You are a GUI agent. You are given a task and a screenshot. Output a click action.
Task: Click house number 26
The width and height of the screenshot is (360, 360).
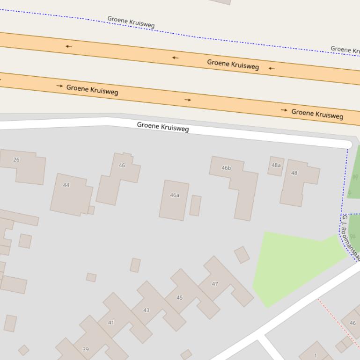coord(16,160)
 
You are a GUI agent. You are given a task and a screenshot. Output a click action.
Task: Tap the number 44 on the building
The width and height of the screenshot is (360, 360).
coord(66,185)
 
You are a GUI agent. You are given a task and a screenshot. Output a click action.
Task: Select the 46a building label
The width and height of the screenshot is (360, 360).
coord(175,195)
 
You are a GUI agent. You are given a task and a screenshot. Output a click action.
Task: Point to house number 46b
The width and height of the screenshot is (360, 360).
coord(226,168)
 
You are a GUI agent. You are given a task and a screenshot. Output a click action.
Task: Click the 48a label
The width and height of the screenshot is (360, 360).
coord(276,165)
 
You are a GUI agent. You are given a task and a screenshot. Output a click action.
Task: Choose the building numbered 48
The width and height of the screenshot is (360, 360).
coord(294,173)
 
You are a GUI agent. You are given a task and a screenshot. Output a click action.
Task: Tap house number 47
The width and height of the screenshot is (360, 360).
coord(215,284)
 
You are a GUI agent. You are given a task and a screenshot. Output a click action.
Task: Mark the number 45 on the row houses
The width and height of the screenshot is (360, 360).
coord(180,298)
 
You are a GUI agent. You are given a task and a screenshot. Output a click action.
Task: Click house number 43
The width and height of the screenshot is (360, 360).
coord(147,310)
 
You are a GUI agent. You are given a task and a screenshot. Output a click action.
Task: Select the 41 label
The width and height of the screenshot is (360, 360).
coord(111,323)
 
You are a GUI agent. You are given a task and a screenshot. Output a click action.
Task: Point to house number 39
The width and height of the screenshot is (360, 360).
coord(86,349)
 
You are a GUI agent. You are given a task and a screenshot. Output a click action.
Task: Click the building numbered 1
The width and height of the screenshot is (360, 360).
coord(316,355)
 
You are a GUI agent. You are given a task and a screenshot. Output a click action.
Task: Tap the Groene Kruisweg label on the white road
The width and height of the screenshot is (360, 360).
coord(163,127)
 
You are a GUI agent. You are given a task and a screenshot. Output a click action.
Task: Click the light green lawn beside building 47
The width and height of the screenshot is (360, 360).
coord(290,266)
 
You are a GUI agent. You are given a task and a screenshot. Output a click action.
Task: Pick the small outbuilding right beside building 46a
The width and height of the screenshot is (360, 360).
coord(195,206)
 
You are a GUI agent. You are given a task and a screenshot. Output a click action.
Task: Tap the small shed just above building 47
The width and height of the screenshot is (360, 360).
coord(242,255)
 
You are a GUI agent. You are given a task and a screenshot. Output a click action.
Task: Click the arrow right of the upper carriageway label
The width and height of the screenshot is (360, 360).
coord(272,68)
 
